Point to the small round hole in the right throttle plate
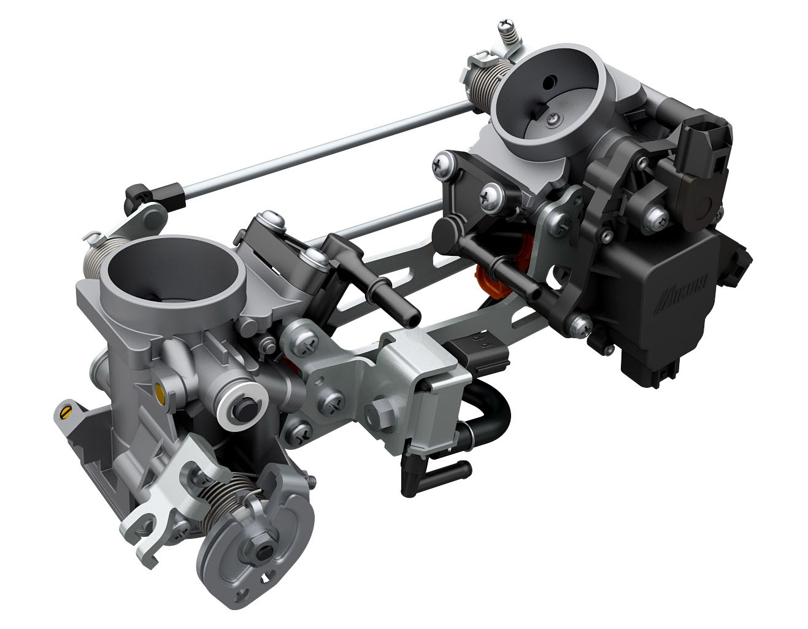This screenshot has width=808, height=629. pos(549,82)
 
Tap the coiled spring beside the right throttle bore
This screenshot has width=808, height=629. pos(488,83)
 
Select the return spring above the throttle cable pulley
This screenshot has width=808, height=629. pos(228,498)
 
